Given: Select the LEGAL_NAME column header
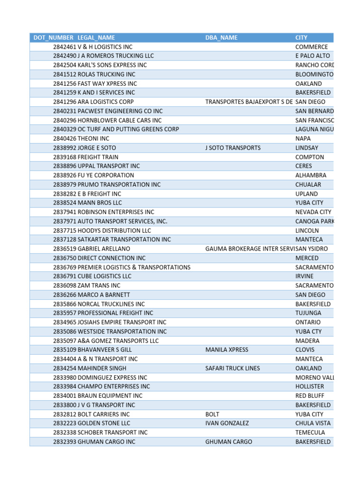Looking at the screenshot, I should pyautogui.click(x=96, y=37).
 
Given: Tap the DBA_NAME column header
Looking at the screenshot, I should pyautogui.click(x=222, y=37).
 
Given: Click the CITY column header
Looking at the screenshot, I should pyautogui.click(x=301, y=37).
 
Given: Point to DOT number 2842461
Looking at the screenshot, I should pyautogui.click(x=64, y=47).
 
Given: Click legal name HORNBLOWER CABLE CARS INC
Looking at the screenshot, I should pyautogui.click(x=119, y=120).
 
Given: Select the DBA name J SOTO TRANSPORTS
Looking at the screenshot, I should pyautogui.click(x=233, y=148).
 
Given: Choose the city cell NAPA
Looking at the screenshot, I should pyautogui.click(x=303, y=139).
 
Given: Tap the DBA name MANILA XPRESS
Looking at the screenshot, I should pyautogui.click(x=227, y=350).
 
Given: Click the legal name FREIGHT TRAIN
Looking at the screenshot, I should pyautogui.click(x=98, y=157).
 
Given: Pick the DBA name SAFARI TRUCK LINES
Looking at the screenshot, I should pyautogui.click(x=232, y=368).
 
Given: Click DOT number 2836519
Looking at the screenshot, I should pyautogui.click(x=64, y=249).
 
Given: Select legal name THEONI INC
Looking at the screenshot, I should pyautogui.click(x=93, y=139).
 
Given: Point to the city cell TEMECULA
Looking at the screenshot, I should pyautogui.click(x=310, y=432).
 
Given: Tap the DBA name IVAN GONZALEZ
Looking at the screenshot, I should pyautogui.click(x=227, y=423).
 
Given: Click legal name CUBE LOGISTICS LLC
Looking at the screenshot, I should pyautogui.click(x=105, y=276).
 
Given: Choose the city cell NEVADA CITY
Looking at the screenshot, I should pyautogui.click(x=313, y=212).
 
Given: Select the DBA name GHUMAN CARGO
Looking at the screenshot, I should pyautogui.click(x=228, y=442).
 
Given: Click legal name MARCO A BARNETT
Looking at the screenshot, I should pyautogui.click(x=104, y=295).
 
